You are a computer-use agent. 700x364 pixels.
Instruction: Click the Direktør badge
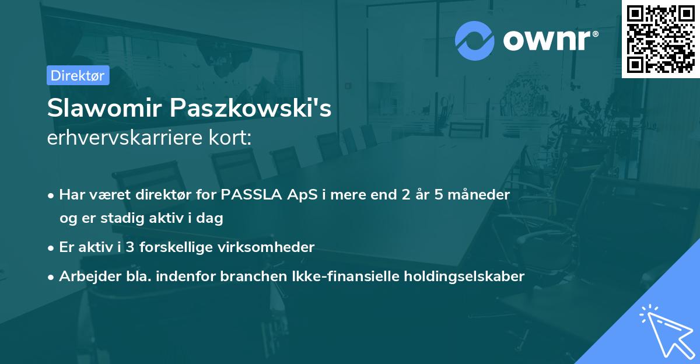pyautogui.click(x=78, y=75)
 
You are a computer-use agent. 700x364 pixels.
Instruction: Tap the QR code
pyautogui.click(x=661, y=38)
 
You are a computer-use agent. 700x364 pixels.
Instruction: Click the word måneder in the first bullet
pyautogui.click(x=482, y=195)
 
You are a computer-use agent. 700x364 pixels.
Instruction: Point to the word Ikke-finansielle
pyautogui.click(x=334, y=276)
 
